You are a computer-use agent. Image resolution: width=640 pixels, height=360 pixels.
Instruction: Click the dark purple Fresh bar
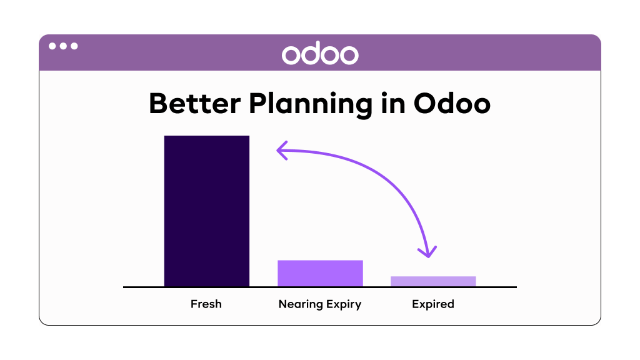(x=206, y=211)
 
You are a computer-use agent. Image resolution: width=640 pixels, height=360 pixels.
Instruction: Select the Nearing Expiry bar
(x=320, y=274)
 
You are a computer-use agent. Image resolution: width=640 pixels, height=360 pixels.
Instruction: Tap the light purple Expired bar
(x=433, y=282)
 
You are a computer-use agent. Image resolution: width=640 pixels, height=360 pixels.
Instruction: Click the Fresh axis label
(x=206, y=304)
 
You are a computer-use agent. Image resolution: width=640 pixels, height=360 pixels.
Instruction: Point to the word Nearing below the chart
(x=301, y=305)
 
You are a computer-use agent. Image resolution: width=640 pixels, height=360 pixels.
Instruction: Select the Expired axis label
(x=433, y=305)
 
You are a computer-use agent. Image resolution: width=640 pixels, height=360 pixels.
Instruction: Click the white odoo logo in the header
(x=320, y=54)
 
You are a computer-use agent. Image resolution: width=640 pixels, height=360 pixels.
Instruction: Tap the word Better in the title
(x=195, y=103)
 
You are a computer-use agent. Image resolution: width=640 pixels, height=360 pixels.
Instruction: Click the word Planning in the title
(x=311, y=105)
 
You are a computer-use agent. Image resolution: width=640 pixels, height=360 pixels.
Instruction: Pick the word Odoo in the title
(x=452, y=103)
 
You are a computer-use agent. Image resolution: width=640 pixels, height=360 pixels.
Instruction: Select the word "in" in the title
(x=393, y=103)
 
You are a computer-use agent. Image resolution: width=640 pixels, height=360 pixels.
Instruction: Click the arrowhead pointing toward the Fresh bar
(x=282, y=151)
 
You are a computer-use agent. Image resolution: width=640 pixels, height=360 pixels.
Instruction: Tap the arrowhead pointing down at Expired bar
(x=427, y=252)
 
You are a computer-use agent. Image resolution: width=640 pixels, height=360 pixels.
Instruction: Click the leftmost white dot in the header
(x=52, y=46)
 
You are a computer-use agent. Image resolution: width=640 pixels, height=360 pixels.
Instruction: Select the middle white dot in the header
(x=63, y=46)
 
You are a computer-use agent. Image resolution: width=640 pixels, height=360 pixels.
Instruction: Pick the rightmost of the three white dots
(x=74, y=46)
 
